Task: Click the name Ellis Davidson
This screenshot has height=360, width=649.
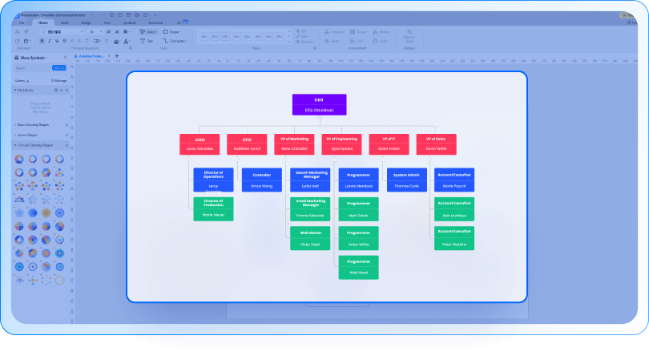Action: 319,110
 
